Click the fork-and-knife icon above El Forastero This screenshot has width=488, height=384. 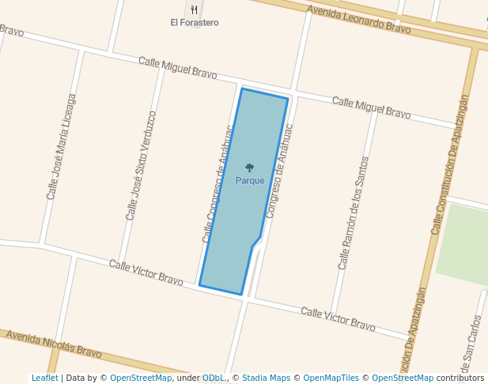[195, 10]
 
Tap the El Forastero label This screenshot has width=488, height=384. [195, 23]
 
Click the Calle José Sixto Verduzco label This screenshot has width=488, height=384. [142, 165]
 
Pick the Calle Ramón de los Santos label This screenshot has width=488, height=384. [354, 212]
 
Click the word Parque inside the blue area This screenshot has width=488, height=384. [250, 181]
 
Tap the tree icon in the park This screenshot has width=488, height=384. [250, 168]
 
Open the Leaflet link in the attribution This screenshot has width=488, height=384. [44, 378]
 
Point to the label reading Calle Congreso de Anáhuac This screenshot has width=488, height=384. [218, 183]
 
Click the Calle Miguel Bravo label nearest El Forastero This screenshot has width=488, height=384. [177, 67]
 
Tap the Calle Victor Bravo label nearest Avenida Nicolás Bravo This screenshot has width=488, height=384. [146, 273]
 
